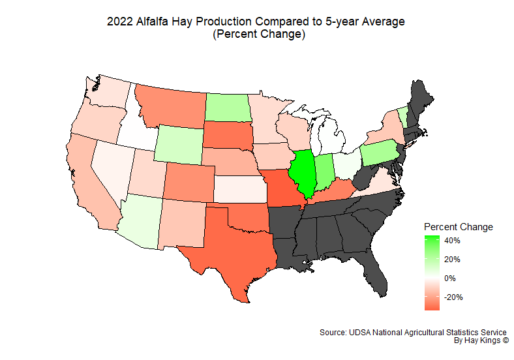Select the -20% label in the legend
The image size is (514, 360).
[x=453, y=297]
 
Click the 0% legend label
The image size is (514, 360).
[x=450, y=278]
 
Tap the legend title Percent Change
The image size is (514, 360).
[x=458, y=227]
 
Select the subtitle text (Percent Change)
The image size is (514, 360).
[x=259, y=35]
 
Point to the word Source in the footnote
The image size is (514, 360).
[x=333, y=332]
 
